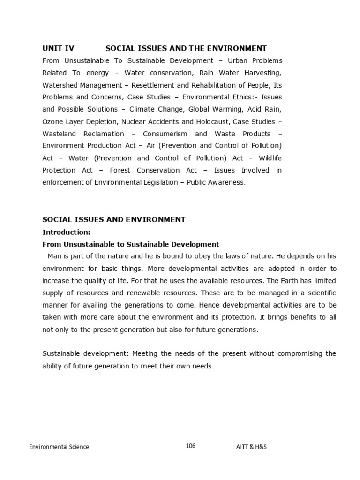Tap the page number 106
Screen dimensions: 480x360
tap(190, 446)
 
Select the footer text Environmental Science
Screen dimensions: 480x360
tap(59, 447)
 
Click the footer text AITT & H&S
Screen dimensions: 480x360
tap(251, 447)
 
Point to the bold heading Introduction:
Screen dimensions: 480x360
tap(66, 232)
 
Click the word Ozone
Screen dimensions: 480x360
tap(52, 121)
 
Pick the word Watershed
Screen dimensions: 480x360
tap(60, 85)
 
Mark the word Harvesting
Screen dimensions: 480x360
tap(263, 73)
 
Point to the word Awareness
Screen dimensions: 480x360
tap(227, 182)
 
